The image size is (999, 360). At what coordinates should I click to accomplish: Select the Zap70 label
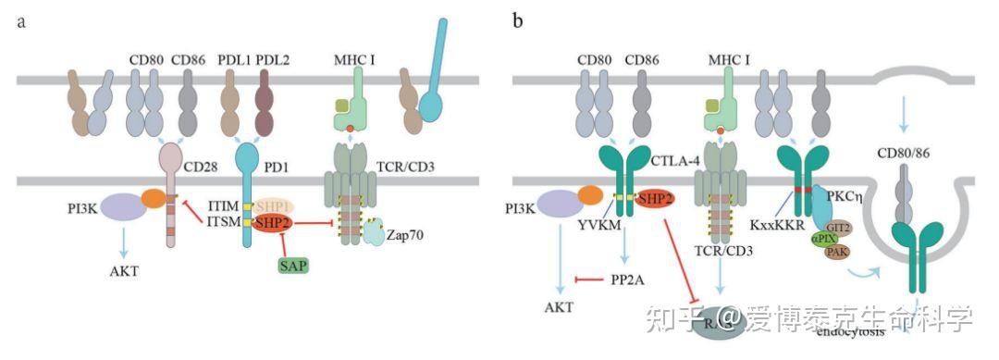405,235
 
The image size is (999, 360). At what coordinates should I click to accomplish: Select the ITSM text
221,222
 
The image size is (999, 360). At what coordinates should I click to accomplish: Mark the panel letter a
20,20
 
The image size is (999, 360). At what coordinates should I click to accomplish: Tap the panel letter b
517,20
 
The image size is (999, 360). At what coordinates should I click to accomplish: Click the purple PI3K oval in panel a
121,206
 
